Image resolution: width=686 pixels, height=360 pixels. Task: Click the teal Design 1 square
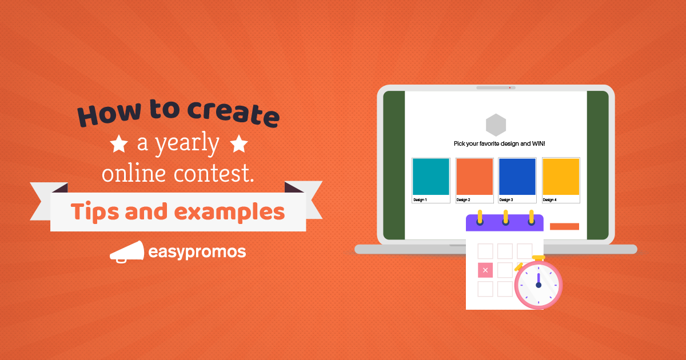pos(430,177)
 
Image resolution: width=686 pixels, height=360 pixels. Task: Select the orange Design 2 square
pos(474,177)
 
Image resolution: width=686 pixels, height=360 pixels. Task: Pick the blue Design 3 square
pos(517,177)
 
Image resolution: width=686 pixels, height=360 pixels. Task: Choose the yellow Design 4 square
pos(560,177)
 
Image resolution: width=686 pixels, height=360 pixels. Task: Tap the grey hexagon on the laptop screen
pos(496,125)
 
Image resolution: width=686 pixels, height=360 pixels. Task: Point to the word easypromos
pos(197,252)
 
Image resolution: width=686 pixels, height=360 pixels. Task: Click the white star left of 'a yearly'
pos(119,145)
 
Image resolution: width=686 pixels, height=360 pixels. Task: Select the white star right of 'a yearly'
pos(238,145)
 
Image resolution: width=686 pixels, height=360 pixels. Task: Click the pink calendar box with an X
pos(485,270)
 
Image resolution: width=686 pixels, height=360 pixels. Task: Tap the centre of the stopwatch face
pos(539,285)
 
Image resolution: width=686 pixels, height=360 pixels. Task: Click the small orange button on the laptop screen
pos(564,226)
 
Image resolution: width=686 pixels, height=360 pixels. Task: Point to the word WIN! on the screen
pos(538,143)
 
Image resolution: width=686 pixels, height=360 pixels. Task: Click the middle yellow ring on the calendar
pos(505,218)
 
